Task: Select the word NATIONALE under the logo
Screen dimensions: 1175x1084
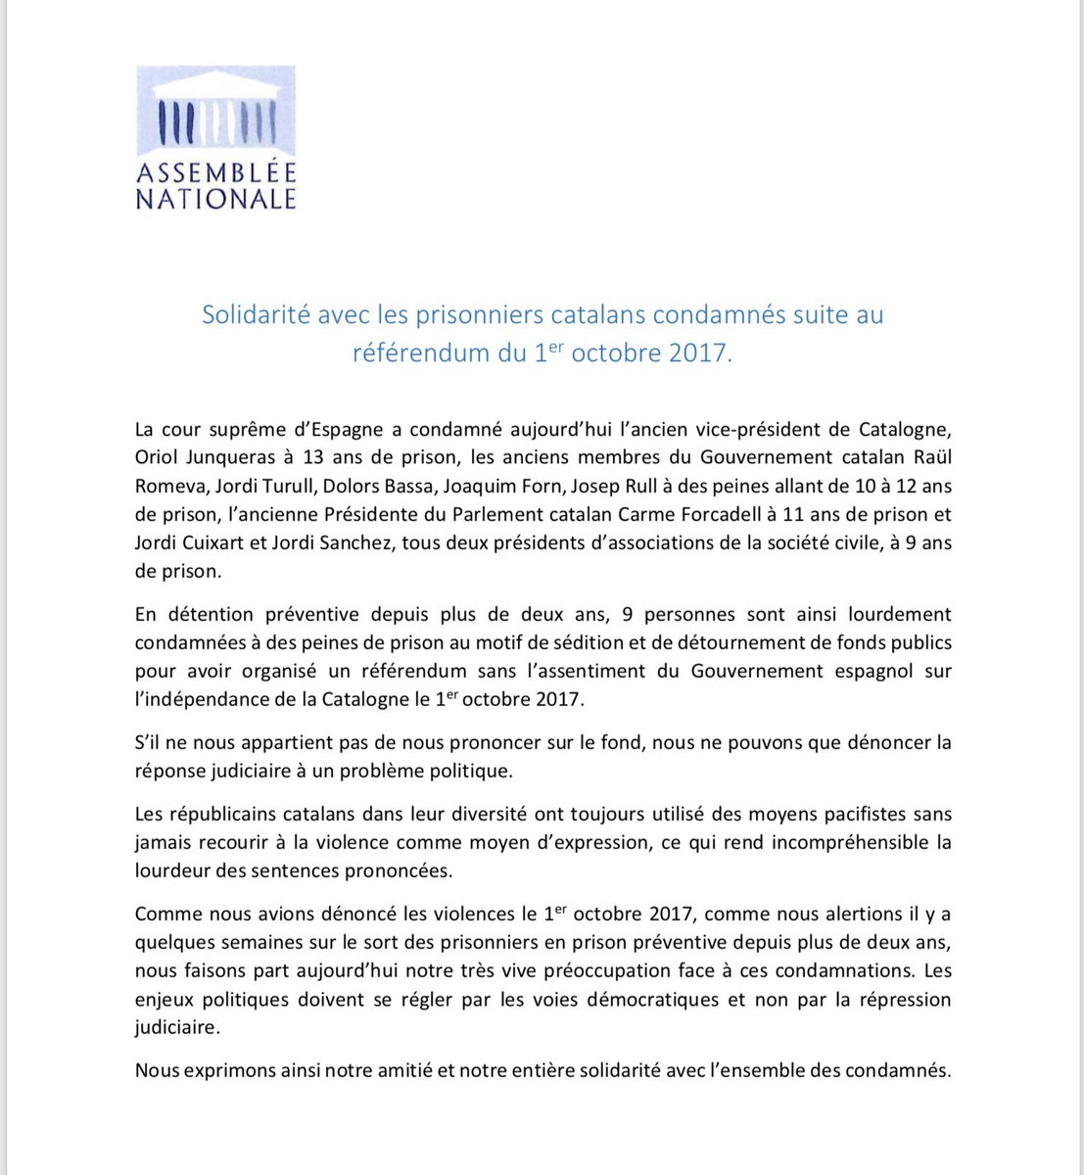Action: tap(215, 199)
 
